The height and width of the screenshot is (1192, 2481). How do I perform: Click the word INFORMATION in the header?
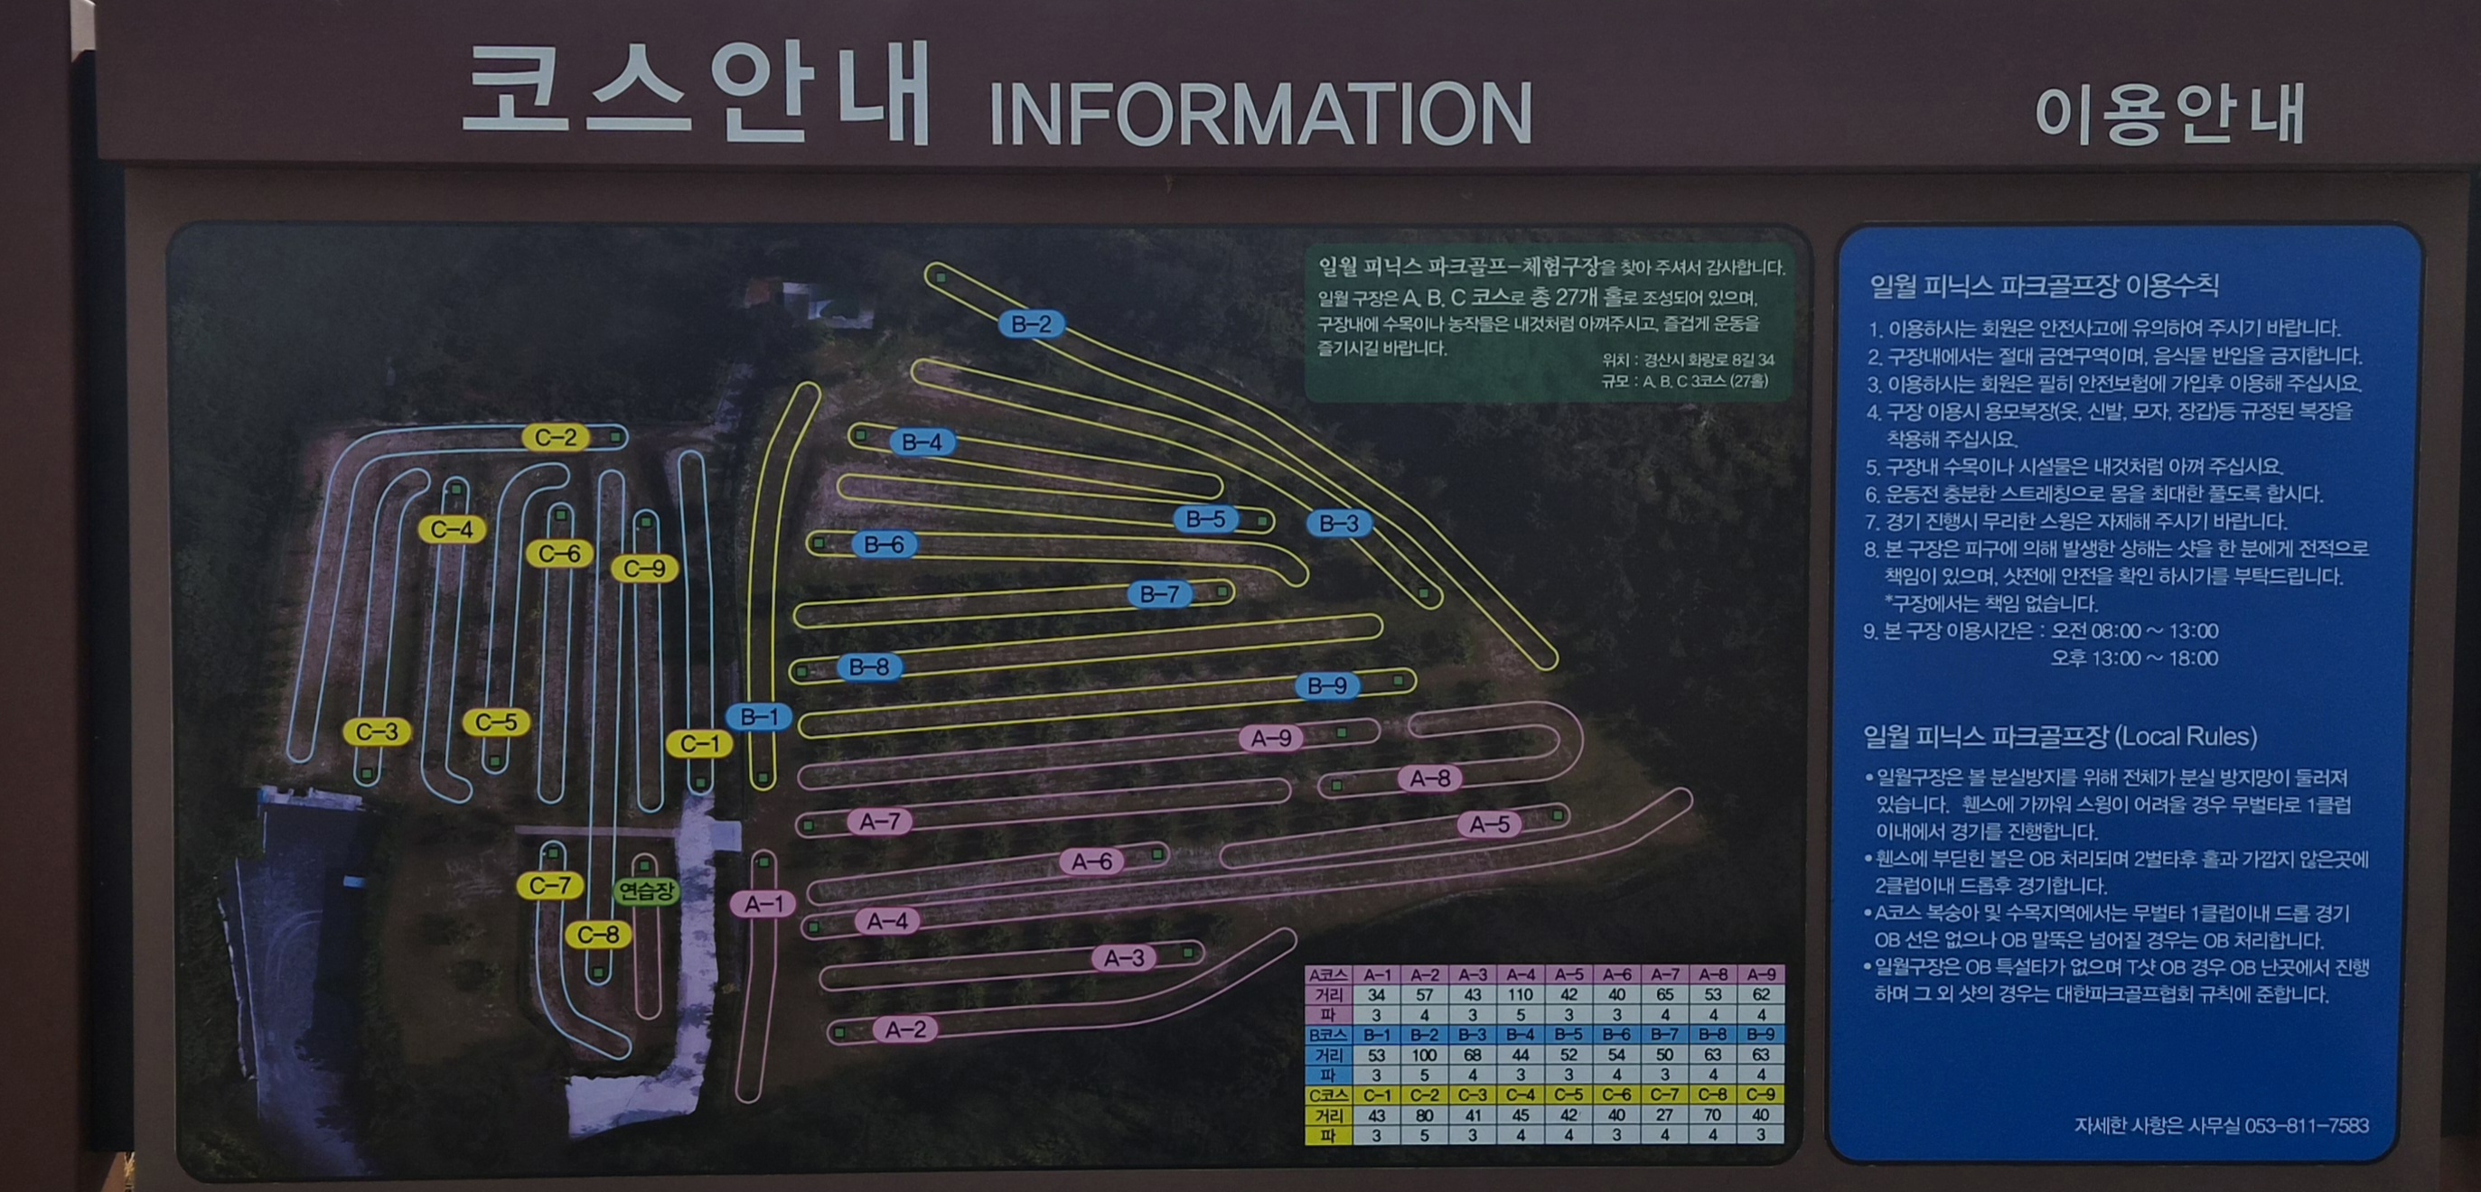coord(1259,113)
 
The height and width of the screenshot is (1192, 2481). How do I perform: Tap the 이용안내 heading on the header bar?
coord(2169,115)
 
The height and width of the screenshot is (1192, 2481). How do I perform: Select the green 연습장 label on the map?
coord(646,890)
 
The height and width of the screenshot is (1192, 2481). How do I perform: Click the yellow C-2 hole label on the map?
coord(556,437)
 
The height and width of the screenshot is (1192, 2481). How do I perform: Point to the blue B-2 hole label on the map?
coord(1031,323)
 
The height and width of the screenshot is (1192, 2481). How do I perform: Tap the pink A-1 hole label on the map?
coord(763,903)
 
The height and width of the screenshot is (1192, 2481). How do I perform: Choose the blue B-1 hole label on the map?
coord(759,716)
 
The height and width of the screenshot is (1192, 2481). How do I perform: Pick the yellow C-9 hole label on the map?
coord(644,568)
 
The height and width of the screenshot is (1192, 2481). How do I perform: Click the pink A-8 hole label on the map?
coord(1429,778)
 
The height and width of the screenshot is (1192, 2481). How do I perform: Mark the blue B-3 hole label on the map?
coord(1339,523)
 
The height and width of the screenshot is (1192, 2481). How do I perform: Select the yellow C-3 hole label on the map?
coord(377,731)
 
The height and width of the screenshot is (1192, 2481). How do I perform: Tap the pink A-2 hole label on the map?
coord(905,1029)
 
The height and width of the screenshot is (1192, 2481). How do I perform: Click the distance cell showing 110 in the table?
coord(1520,994)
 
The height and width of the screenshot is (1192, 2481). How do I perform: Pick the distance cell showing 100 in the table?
coord(1424,1055)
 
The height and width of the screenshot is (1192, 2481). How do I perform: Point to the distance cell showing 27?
coord(1664,1115)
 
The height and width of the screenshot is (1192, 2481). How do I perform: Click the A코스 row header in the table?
coord(1328,974)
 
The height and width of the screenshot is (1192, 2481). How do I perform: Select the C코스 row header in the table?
coord(1328,1094)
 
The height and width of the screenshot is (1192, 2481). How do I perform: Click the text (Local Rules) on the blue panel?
coord(2187,737)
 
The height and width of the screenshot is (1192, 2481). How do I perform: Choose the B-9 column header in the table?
coord(1761,1035)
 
